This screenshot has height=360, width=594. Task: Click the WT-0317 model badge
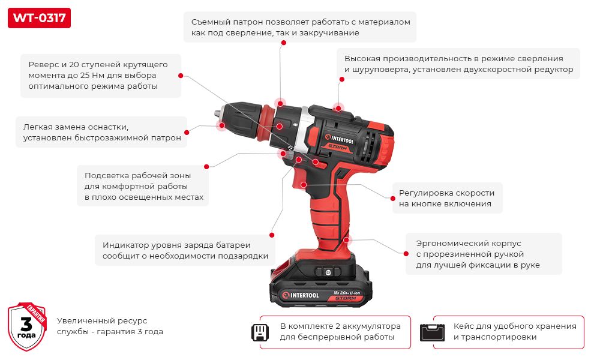39,17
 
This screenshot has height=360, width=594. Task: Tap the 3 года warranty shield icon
26,326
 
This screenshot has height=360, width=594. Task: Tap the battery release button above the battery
328,272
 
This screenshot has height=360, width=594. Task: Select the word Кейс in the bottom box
464,326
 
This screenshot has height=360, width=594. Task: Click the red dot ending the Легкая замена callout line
187,132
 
